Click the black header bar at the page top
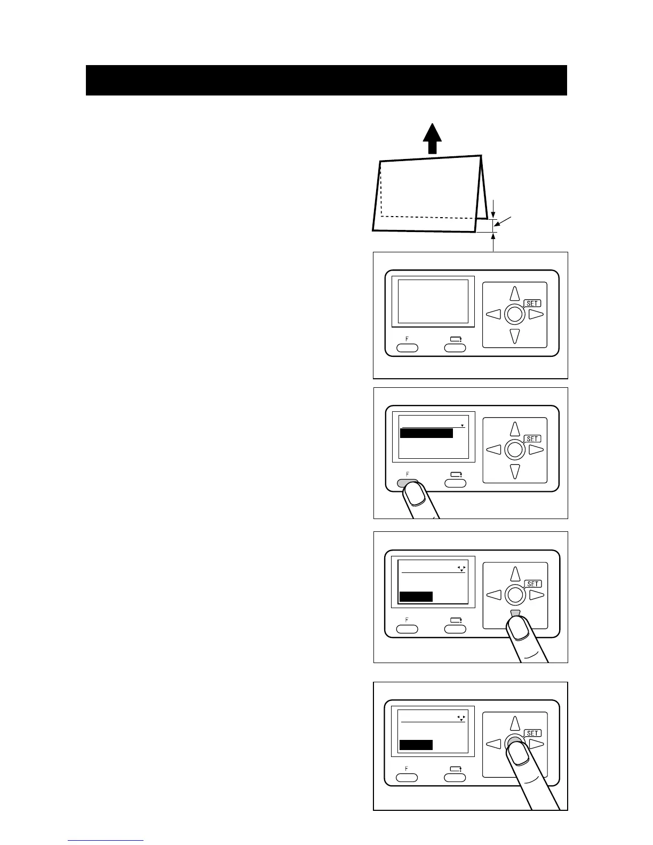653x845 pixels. click(x=326, y=81)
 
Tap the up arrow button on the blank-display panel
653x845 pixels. click(x=514, y=293)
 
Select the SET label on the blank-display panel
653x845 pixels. click(x=532, y=303)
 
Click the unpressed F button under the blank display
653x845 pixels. click(x=407, y=348)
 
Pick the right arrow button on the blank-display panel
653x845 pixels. click(x=536, y=314)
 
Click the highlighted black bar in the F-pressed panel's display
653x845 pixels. click(x=426, y=433)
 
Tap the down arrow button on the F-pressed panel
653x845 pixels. click(x=514, y=471)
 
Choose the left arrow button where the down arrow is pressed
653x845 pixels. click(x=494, y=594)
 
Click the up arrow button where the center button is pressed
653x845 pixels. click(x=515, y=723)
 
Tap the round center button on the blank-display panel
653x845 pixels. click(x=514, y=314)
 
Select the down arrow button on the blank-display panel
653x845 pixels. click(x=514, y=336)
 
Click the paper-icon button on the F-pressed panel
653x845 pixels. click(x=455, y=483)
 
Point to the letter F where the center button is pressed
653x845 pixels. click(x=407, y=769)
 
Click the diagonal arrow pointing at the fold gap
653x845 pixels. click(x=505, y=222)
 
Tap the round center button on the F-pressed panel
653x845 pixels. click(x=514, y=449)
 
